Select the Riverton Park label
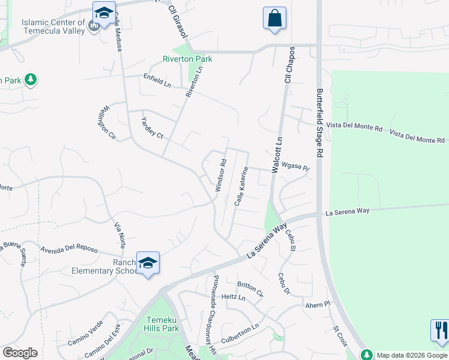(187, 59)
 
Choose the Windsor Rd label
(220, 175)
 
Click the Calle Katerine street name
(241, 187)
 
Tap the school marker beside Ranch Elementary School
(148, 263)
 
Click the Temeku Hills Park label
(162, 324)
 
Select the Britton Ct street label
(250, 289)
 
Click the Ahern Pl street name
(318, 305)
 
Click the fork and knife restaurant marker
(439, 330)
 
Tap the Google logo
(20, 353)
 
